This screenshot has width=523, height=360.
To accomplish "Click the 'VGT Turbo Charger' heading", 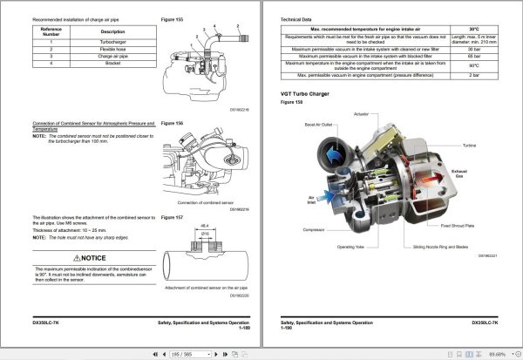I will point(305,93).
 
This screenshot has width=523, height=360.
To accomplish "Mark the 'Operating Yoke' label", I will point(346,248).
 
